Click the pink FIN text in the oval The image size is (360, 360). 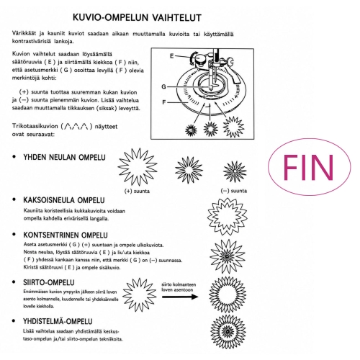[x=308, y=167]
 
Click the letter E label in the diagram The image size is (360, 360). [x=171, y=56]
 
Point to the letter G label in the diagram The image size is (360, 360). [x=164, y=86]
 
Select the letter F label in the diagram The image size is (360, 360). [x=164, y=102]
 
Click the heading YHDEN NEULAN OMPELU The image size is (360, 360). [x=64, y=157]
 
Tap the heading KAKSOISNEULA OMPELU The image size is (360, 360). [x=64, y=200]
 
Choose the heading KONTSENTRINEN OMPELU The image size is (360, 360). [x=66, y=235]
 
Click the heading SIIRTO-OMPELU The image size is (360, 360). [x=49, y=282]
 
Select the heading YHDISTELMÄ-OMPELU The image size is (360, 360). [x=58, y=321]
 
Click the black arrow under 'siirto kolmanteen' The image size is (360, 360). [x=180, y=297]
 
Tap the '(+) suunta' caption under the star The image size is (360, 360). [x=137, y=191]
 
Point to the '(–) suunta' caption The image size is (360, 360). [x=234, y=191]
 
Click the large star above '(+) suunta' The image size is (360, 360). [x=138, y=166]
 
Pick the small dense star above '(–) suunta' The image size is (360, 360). [x=235, y=171]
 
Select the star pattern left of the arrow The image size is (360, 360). [x=140, y=295]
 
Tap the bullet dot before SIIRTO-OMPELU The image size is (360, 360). [x=14, y=282]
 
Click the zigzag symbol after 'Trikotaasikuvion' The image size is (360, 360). [x=76, y=126]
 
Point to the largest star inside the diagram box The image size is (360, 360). [x=233, y=127]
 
